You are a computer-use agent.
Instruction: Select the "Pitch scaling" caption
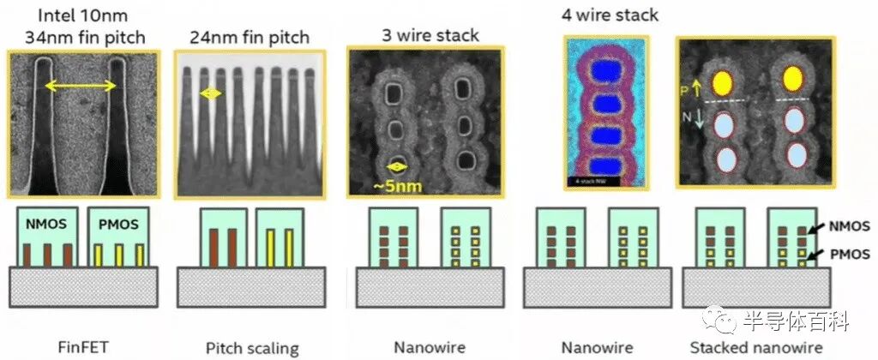[251, 348]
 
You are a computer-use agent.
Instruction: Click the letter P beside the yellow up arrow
[683, 89]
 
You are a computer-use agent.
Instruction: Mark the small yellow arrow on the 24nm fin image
[211, 93]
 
